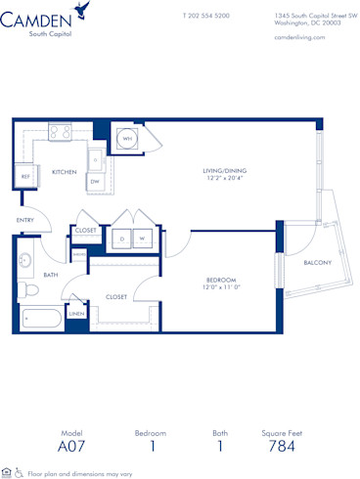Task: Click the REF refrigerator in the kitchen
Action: (x=25, y=176)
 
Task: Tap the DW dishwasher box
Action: (x=95, y=181)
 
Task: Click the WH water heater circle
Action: (x=127, y=138)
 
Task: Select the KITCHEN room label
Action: (x=65, y=172)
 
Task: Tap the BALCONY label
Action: (x=318, y=262)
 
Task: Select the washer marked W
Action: (x=143, y=238)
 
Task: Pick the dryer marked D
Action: (x=121, y=238)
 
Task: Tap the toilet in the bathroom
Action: (x=29, y=290)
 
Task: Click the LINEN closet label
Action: (x=76, y=314)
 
